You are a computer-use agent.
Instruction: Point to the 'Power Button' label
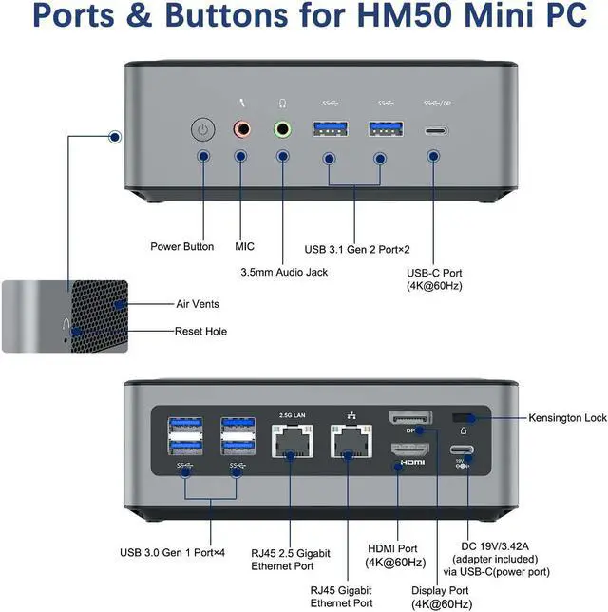[181, 247]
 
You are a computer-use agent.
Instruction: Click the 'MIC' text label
[244, 247]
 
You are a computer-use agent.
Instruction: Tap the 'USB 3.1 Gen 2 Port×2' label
[357, 249]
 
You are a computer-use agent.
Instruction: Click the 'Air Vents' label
[197, 304]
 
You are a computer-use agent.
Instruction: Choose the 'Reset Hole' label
[200, 331]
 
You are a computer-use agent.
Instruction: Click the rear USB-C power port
[463, 450]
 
